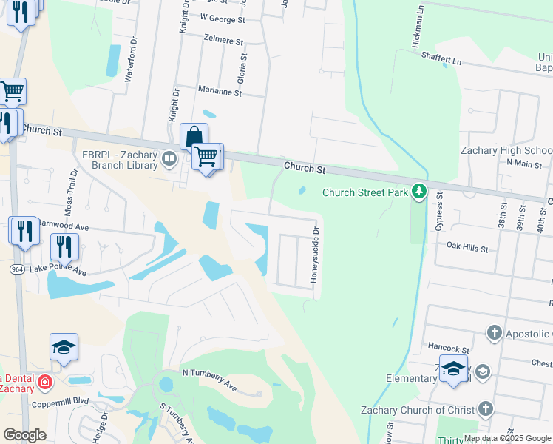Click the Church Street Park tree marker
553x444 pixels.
click(x=419, y=192)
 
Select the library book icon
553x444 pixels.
click(x=169, y=158)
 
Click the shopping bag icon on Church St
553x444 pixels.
click(x=194, y=137)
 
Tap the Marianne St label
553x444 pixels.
click(x=220, y=92)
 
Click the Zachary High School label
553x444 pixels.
click(x=506, y=150)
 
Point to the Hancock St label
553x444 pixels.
click(x=449, y=348)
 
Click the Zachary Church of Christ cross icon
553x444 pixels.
click(x=485, y=409)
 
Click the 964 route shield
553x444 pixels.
click(x=17, y=269)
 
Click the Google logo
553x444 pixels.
click(x=25, y=435)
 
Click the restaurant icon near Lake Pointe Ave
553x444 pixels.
click(x=65, y=246)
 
